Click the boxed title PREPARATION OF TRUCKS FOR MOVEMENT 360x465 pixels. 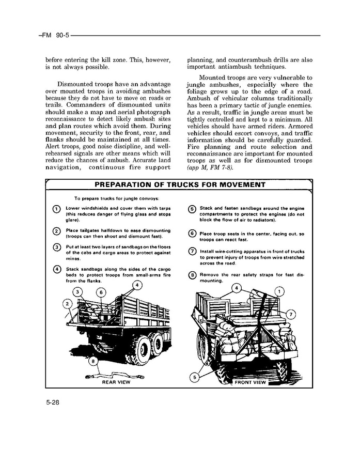(x=180, y=185)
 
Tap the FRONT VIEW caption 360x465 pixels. (x=250, y=382)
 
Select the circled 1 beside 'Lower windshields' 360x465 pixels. (x=55, y=209)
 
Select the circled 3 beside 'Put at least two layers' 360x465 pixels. (x=55, y=247)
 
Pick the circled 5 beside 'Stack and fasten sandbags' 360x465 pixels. (x=192, y=209)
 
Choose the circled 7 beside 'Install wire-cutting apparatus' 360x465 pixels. (x=192, y=252)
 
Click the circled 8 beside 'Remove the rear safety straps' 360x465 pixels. (x=192, y=275)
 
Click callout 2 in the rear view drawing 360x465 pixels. (x=67, y=303)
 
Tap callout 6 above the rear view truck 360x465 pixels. (x=101, y=292)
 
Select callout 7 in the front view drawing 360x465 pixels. (x=290, y=314)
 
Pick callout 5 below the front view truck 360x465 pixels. (x=195, y=378)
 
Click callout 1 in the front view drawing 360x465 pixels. (x=279, y=292)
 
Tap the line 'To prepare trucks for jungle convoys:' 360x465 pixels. (x=116, y=198)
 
